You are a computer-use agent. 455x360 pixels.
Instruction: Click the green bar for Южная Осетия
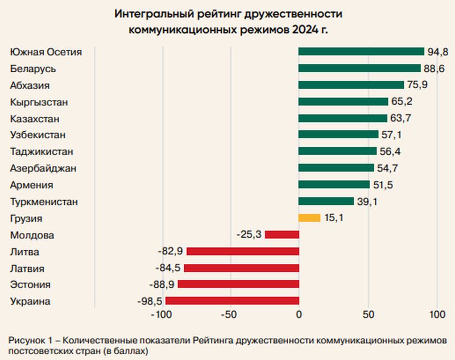(361, 52)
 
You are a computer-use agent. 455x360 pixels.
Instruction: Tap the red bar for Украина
(232, 301)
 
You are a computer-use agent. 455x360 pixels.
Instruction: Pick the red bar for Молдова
(282, 234)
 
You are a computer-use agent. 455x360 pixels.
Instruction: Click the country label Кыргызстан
(39, 102)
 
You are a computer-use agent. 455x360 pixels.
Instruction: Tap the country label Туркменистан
(44, 201)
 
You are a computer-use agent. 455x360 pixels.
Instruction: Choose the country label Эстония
(30, 284)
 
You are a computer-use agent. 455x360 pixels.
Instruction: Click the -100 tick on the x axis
(162, 314)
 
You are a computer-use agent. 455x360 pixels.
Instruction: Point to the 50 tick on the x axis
(369, 314)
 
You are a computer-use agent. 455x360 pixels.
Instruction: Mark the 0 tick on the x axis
(299, 314)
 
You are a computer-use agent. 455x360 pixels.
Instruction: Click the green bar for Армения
(334, 185)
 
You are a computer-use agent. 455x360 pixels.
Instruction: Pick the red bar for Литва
(242, 251)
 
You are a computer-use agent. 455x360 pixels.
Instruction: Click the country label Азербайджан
(43, 168)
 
